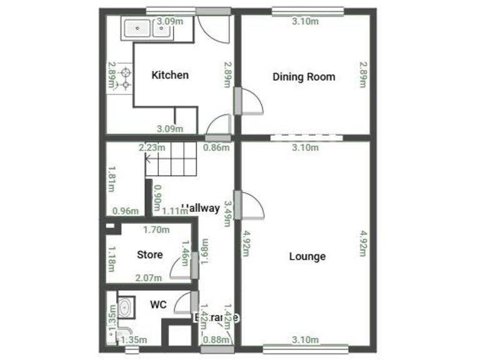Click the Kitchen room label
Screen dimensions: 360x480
[170, 75]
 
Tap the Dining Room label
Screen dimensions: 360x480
[304, 77]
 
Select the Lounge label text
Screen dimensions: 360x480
[307, 256]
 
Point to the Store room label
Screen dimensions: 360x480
[150, 254]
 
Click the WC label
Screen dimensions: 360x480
[158, 305]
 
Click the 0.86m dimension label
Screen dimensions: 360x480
[217, 147]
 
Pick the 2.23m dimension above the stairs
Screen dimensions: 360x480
[152, 147]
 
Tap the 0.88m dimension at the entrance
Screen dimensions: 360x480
[216, 340]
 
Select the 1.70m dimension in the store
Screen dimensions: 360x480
[156, 229]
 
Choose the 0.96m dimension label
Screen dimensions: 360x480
[124, 211]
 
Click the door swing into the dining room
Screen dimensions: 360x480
[252, 102]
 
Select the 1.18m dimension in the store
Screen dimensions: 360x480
[111, 259]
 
